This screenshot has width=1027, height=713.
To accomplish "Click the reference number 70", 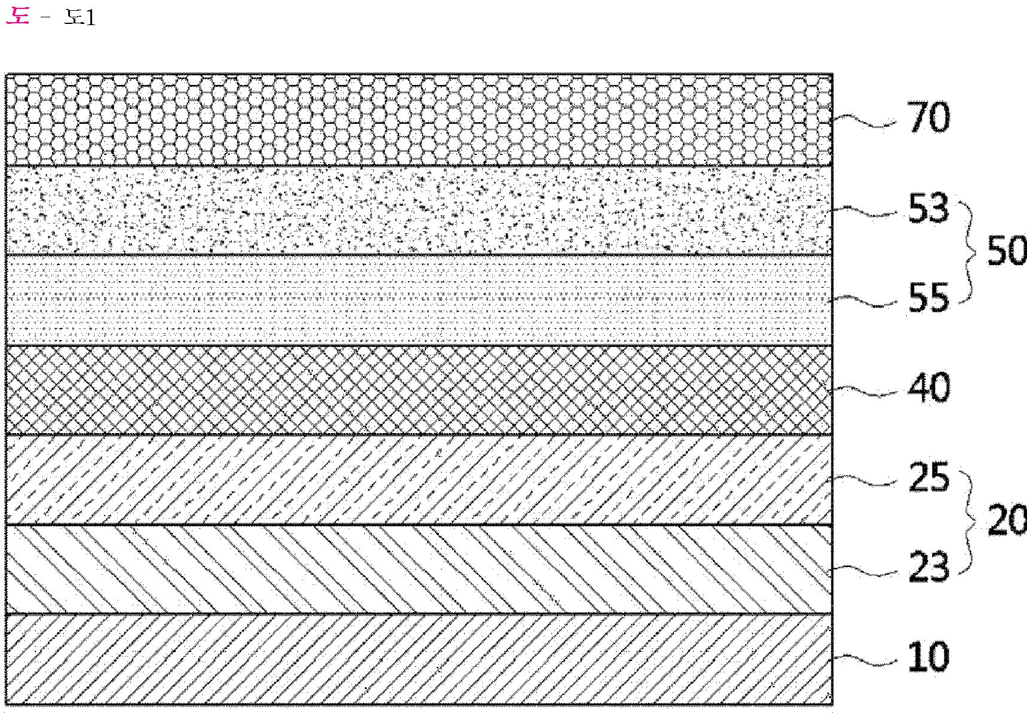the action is tap(928, 118).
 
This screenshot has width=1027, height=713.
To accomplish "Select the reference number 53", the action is tap(928, 209).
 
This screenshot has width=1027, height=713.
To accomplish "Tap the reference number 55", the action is tap(928, 298).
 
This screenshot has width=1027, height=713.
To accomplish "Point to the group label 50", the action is tap(1006, 252).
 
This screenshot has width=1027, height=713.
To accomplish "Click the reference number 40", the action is tap(928, 388).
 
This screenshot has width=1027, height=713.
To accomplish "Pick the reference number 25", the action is tap(928, 477).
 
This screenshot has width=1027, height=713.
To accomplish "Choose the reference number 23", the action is tap(928, 568).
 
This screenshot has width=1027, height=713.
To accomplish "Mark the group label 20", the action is tap(1006, 520).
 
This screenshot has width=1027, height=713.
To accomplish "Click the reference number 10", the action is tap(928, 657).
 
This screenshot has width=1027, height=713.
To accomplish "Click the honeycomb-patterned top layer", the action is tap(419, 120).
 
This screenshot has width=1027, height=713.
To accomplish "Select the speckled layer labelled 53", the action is tap(419, 210).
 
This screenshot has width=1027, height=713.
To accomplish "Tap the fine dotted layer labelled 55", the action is tap(419, 300).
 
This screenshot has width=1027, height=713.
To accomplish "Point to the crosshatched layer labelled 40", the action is tap(419, 389).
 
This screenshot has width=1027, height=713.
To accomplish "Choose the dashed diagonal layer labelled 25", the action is tap(419, 479).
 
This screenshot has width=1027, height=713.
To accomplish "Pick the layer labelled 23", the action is tap(419, 569).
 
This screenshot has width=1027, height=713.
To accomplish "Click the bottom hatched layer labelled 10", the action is tap(419, 659).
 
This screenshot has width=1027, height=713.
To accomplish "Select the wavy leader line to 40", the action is tap(865, 392).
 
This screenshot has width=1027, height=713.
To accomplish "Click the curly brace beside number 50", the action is tap(968, 252).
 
